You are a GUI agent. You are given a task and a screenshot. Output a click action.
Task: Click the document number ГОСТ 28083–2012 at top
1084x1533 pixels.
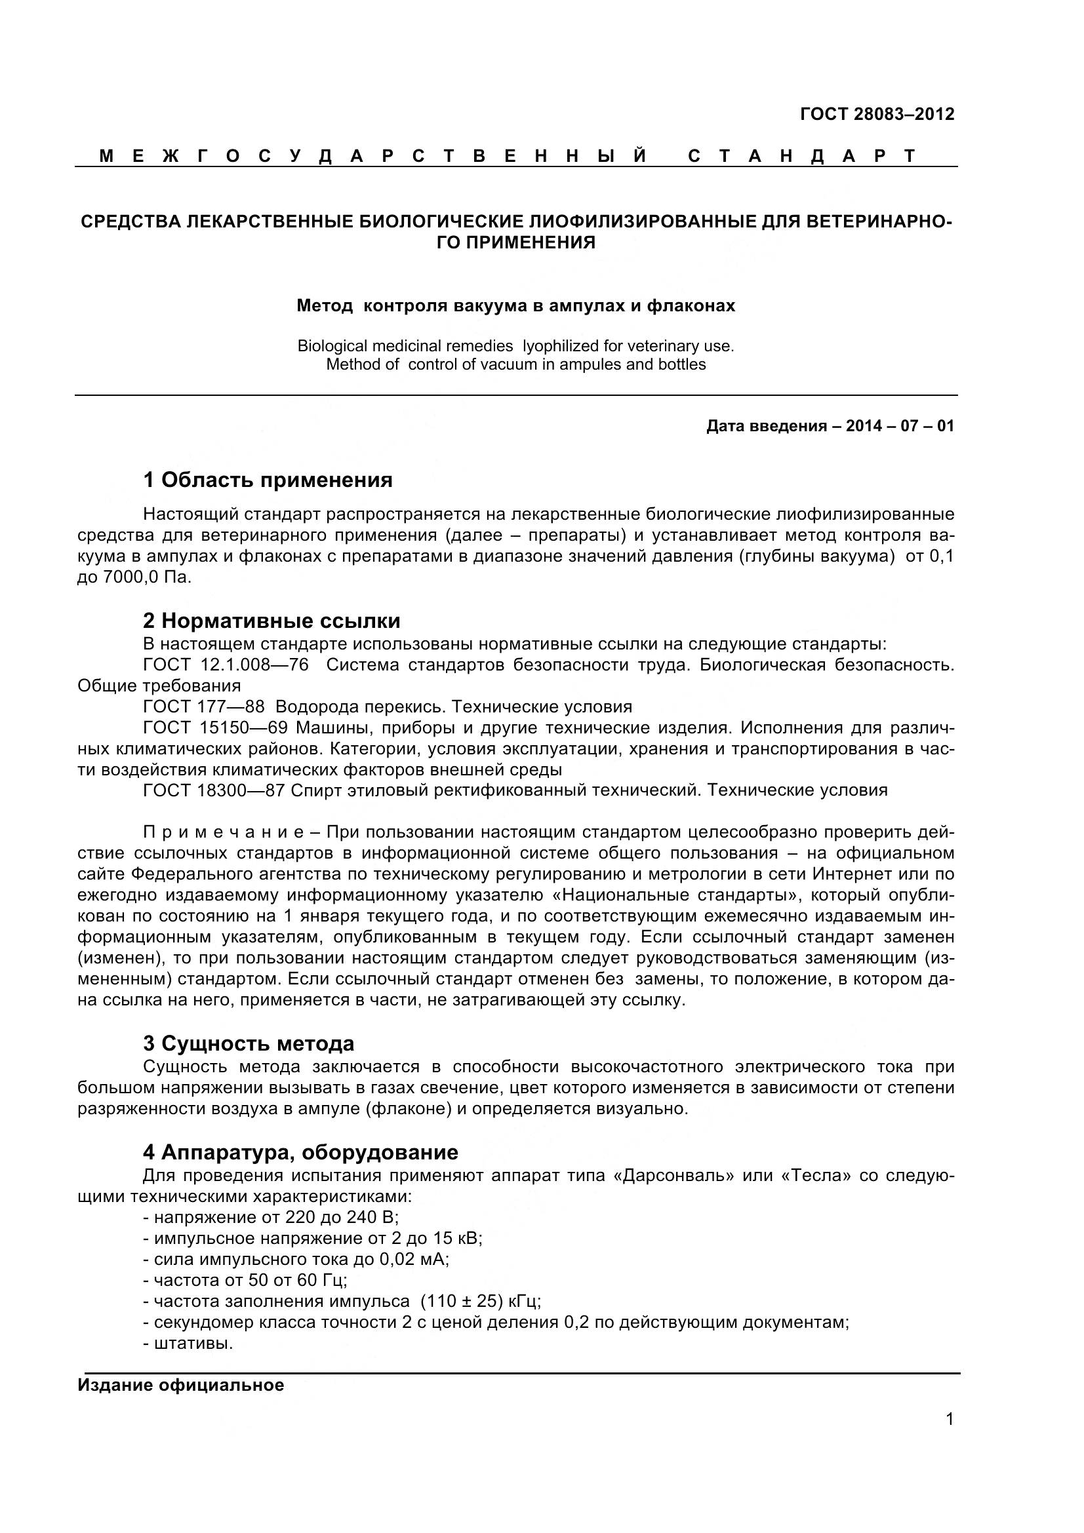pos(876,114)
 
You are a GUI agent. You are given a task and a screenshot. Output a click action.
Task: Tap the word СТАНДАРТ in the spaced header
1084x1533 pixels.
pos(802,156)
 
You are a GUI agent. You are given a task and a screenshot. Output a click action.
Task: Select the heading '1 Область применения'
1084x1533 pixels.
pos(268,480)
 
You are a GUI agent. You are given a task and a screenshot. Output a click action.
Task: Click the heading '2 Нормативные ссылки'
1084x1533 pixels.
pos(271,621)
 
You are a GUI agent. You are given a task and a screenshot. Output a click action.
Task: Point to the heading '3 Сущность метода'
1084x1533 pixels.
pos(249,1043)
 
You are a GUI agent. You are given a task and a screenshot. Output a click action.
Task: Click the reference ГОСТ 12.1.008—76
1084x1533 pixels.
pos(226,665)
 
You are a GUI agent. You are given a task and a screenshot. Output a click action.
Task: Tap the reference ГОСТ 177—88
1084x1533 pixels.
pos(204,707)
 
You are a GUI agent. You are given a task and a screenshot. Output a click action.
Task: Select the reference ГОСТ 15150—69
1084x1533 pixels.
pos(215,727)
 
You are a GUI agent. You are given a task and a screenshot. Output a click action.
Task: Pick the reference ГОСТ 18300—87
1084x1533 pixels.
pos(214,790)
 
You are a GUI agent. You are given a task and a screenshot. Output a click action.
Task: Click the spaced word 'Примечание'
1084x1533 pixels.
pos(223,832)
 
